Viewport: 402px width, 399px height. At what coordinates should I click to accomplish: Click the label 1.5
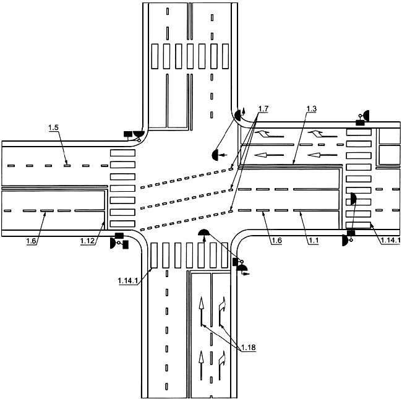click(54, 127)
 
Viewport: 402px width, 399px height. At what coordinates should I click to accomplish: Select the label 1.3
click(312, 109)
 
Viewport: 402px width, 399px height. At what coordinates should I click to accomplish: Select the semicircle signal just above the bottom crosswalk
click(204, 233)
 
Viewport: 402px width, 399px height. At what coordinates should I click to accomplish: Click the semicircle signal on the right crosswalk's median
click(352, 199)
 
